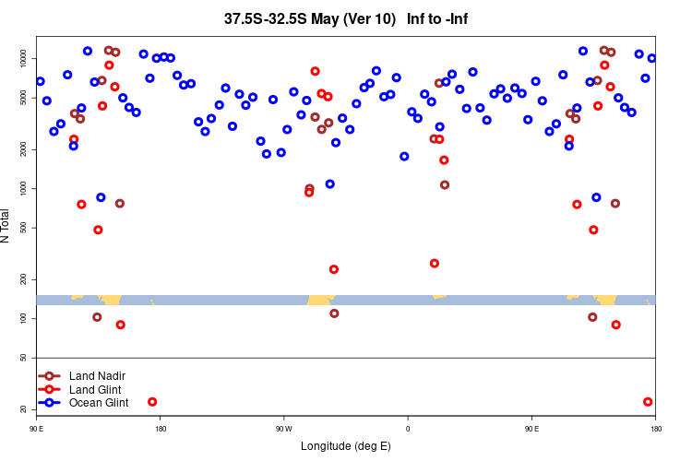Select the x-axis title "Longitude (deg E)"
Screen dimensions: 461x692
(346, 446)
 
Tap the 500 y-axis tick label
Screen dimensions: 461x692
(27, 227)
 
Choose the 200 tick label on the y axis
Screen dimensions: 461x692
(27, 278)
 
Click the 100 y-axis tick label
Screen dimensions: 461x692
(27, 318)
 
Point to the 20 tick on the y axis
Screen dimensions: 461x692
(27, 408)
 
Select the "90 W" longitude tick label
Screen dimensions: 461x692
(283, 429)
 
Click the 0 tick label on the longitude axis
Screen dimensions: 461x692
(407, 429)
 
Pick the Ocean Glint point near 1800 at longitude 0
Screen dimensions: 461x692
(404, 156)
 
